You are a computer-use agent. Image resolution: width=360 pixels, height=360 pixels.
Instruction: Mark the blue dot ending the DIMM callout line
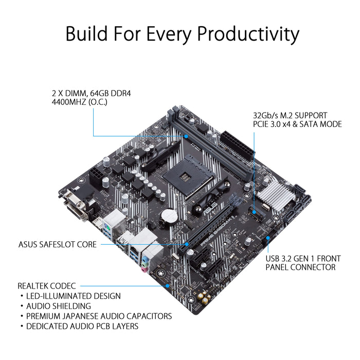[187, 136]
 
